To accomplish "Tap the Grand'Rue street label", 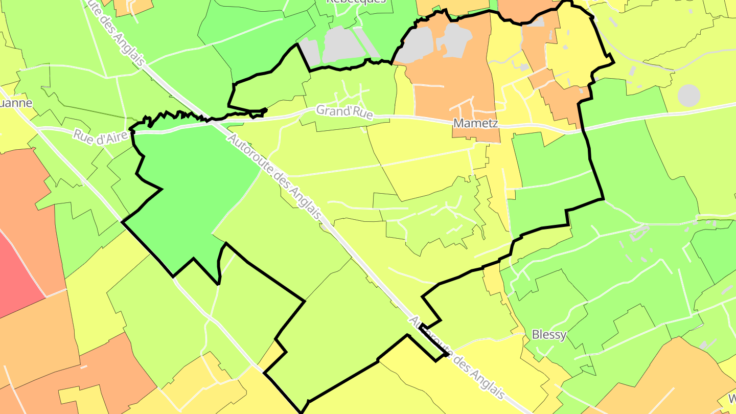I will (344, 112).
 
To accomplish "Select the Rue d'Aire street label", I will (100, 136).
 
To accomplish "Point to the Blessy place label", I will (549, 335).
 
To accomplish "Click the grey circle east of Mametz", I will (688, 96).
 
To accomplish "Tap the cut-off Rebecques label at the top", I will (356, 2).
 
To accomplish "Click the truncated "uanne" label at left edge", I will (16, 103).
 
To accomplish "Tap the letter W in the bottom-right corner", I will (732, 399).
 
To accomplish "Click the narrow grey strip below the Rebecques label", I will (367, 42).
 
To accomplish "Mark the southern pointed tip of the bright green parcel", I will (218, 283).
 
